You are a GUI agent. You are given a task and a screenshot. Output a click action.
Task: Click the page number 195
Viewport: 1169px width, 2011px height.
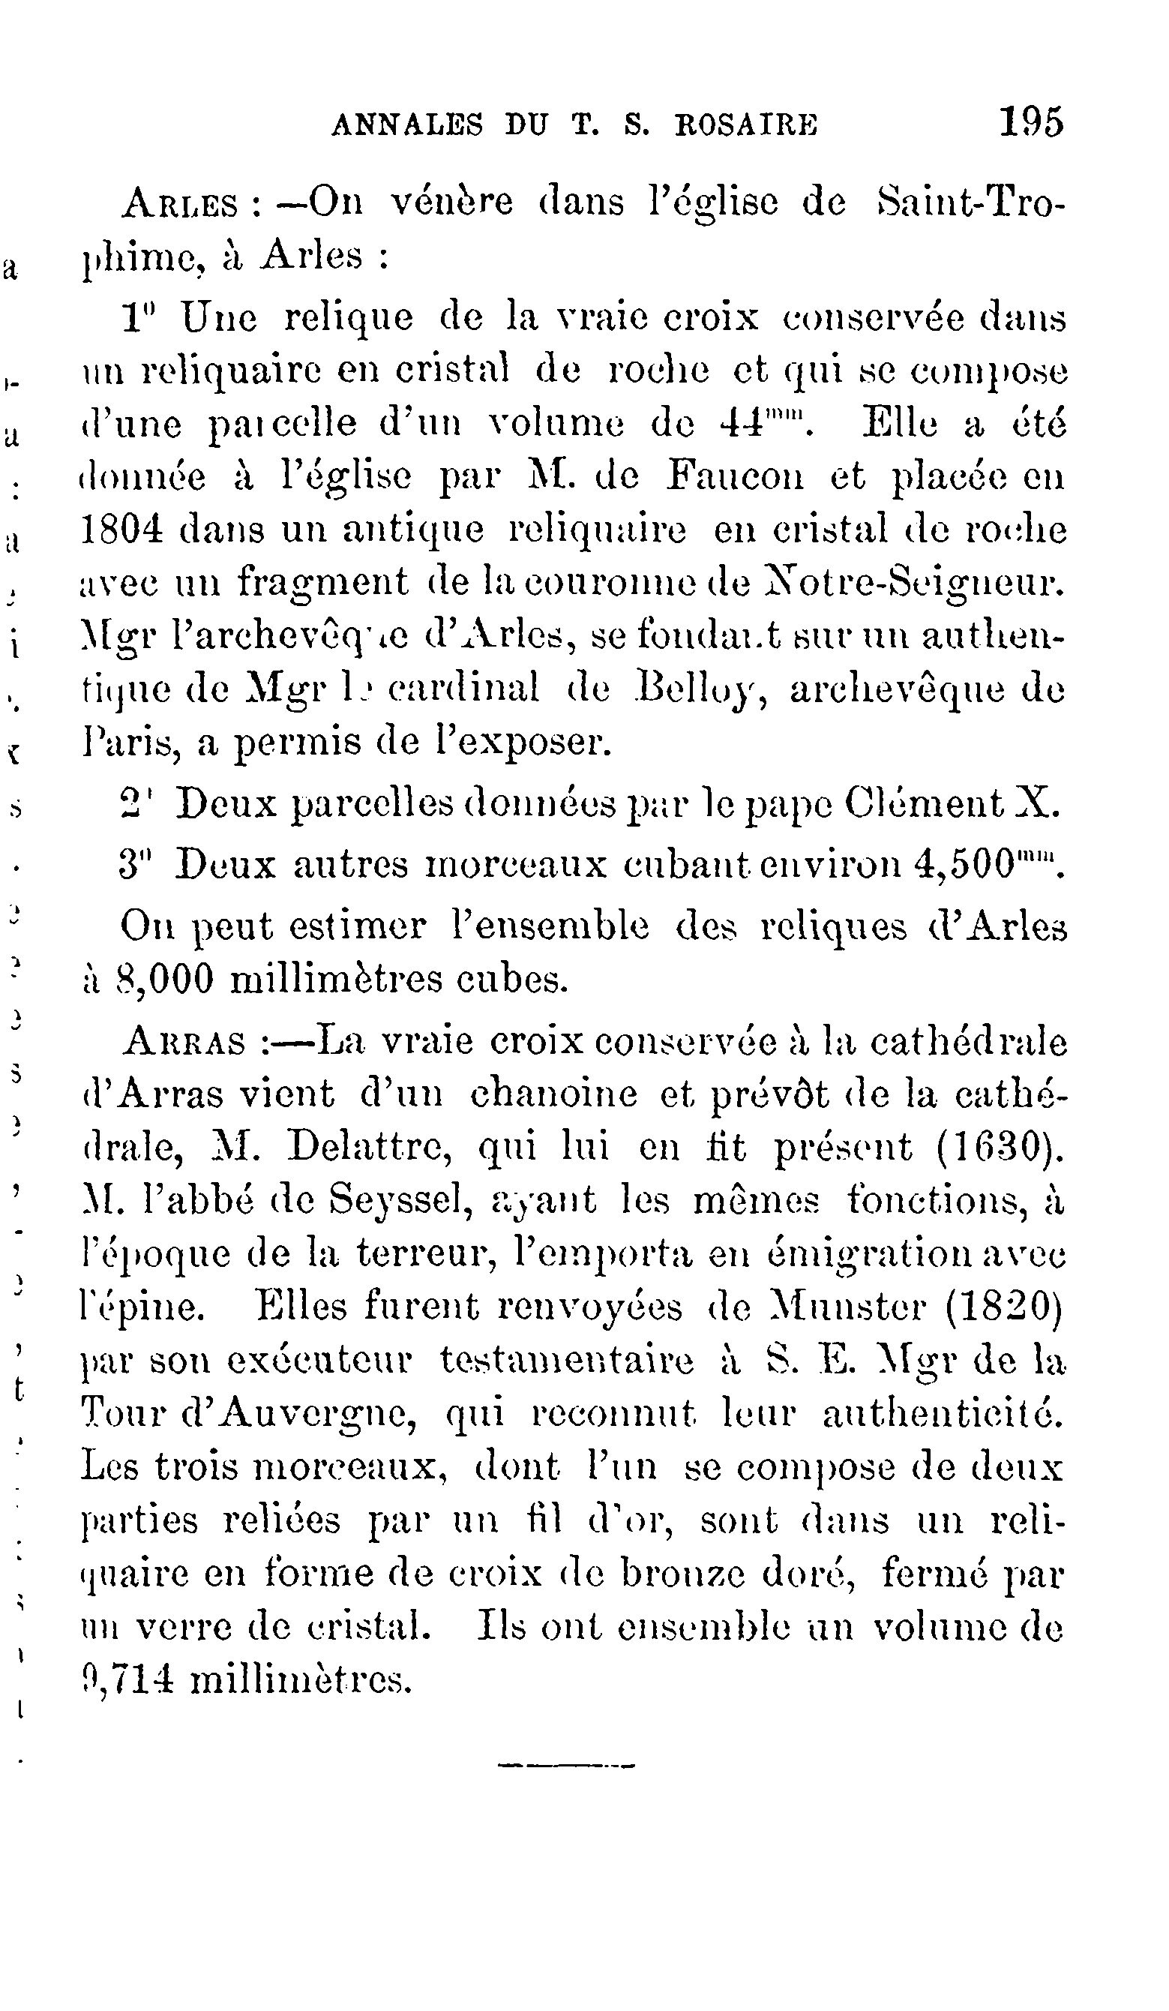tap(1031, 124)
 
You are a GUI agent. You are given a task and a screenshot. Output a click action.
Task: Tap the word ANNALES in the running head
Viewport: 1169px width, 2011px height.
tap(407, 126)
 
